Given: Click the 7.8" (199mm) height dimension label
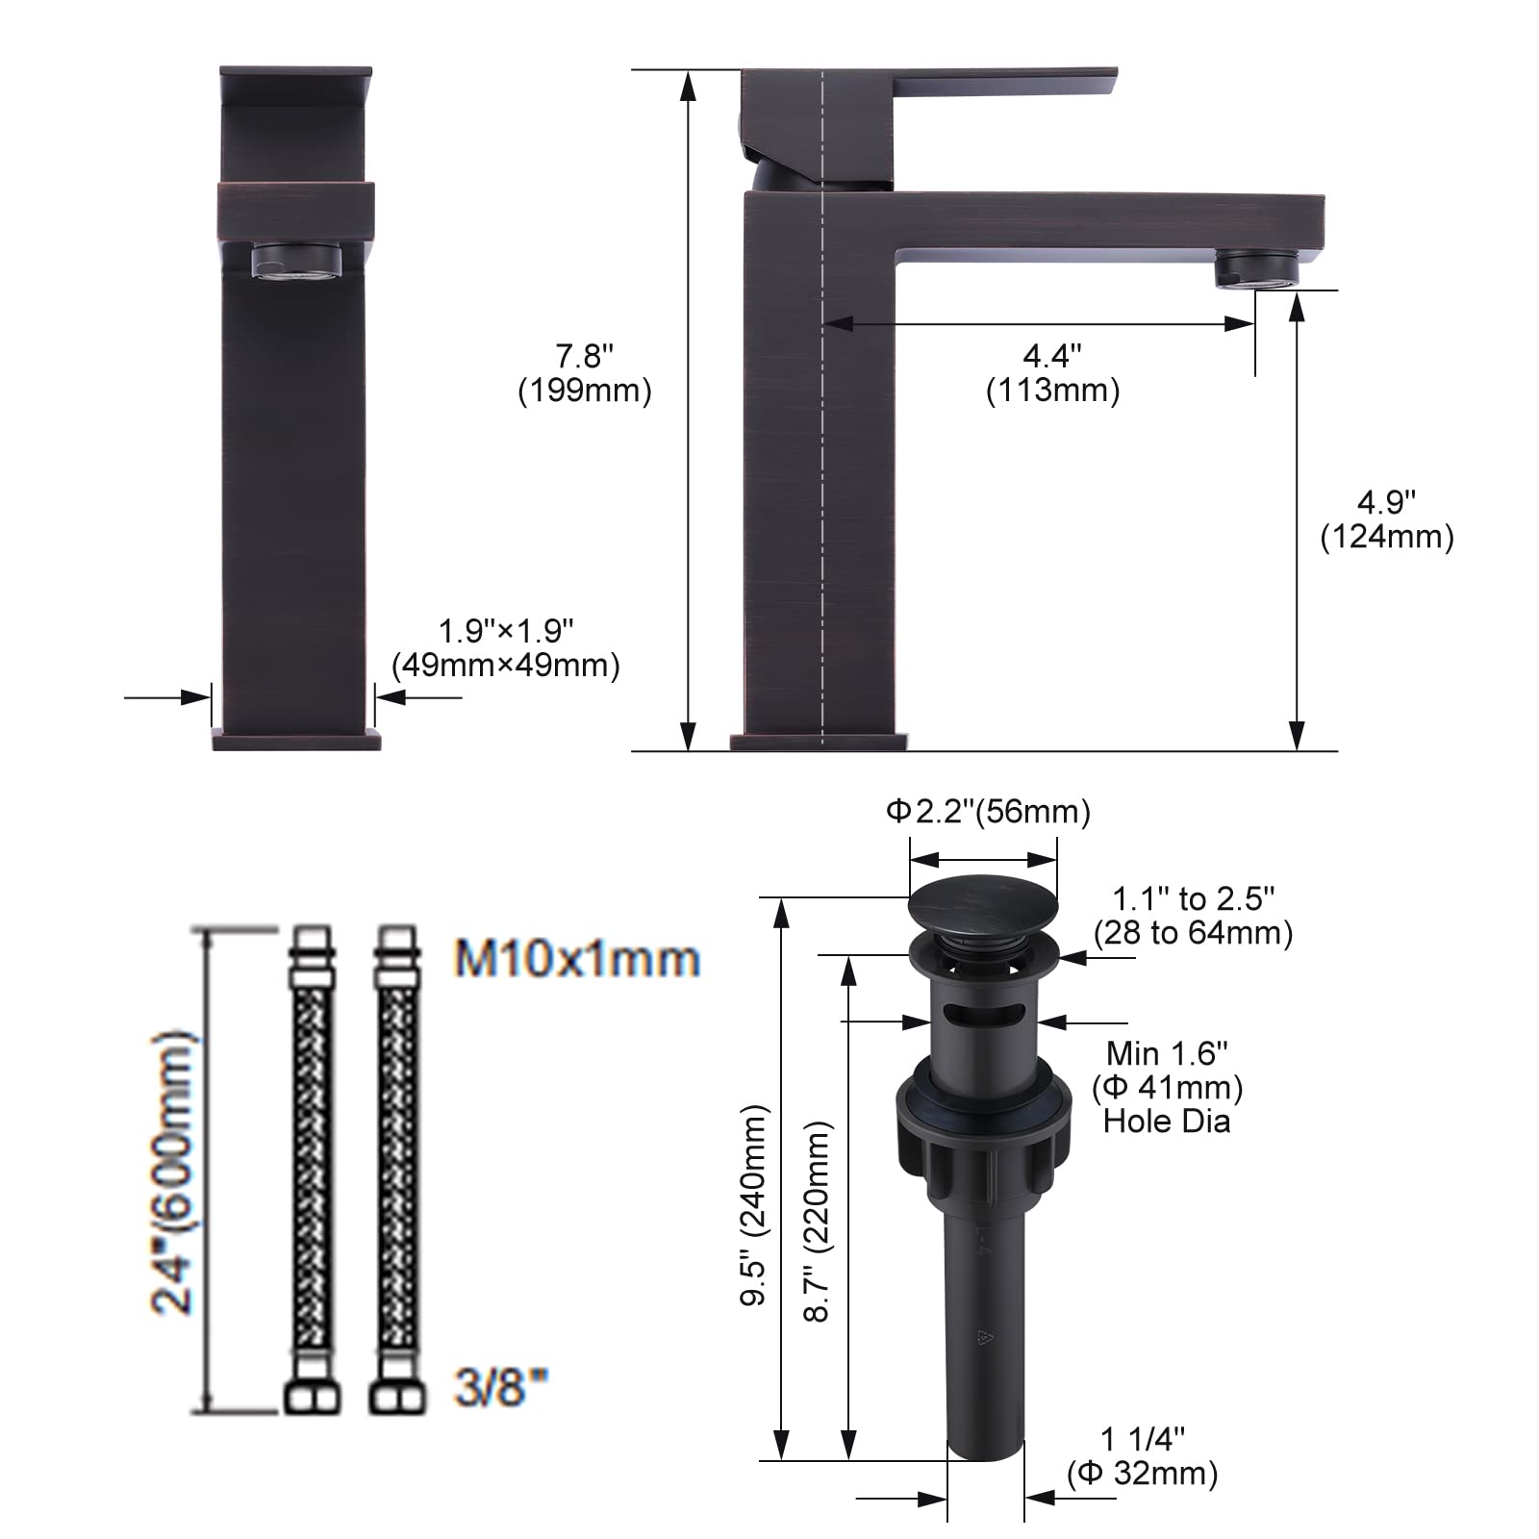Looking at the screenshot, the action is [x=585, y=373].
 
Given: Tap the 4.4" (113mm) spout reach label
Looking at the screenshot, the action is [x=1052, y=373].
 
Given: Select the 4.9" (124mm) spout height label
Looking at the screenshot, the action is [x=1386, y=519].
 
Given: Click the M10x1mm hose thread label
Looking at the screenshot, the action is [x=577, y=960].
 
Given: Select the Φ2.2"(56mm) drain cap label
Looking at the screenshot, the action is [x=988, y=812].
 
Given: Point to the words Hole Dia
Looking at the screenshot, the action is [x=1167, y=1122].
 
